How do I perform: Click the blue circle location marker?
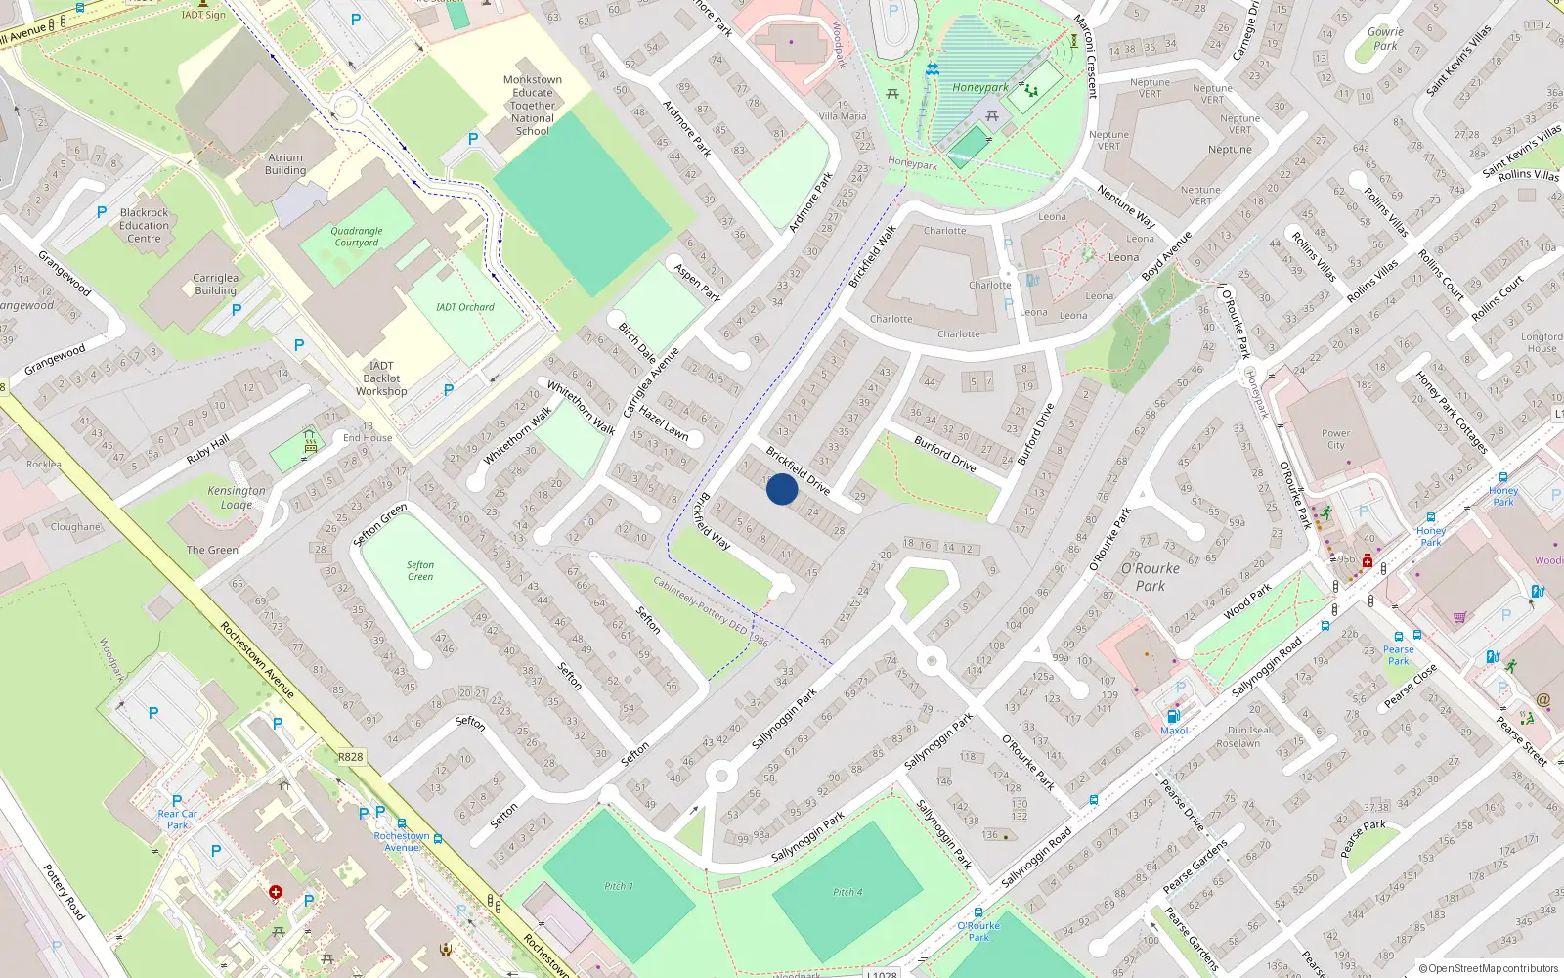click(x=782, y=489)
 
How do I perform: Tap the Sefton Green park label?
click(x=420, y=571)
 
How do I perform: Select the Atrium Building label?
click(x=285, y=163)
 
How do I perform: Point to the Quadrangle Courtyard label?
click(x=357, y=237)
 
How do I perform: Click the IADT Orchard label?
click(x=465, y=307)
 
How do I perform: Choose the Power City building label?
click(x=1335, y=439)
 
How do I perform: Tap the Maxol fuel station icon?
click(x=1174, y=716)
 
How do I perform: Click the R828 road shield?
click(x=350, y=757)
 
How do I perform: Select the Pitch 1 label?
click(x=618, y=886)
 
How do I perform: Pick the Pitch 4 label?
click(x=847, y=892)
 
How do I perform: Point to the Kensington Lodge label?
click(x=237, y=498)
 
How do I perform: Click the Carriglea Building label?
click(x=215, y=284)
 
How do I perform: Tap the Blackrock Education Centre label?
click(x=144, y=226)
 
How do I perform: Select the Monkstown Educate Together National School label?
click(x=533, y=106)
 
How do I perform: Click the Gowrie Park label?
click(x=1385, y=39)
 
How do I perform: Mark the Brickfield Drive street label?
click(x=798, y=470)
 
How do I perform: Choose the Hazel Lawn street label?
click(x=664, y=423)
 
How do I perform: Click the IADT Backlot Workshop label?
click(x=381, y=378)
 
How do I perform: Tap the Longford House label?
click(x=1542, y=342)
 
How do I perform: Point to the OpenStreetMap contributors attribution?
click(x=1489, y=969)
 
